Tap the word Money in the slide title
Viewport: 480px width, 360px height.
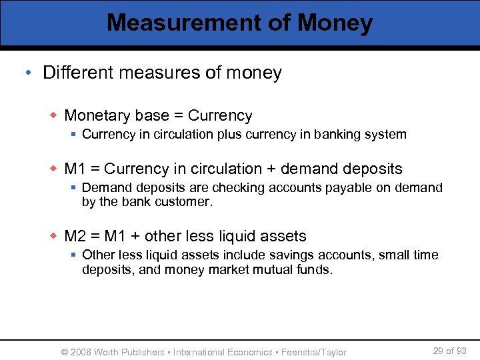(335, 23)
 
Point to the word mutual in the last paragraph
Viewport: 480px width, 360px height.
(266, 269)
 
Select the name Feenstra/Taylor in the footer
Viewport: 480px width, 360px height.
(314, 352)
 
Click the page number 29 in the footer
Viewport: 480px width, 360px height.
(439, 351)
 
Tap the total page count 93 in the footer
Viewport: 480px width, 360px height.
(461, 351)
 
